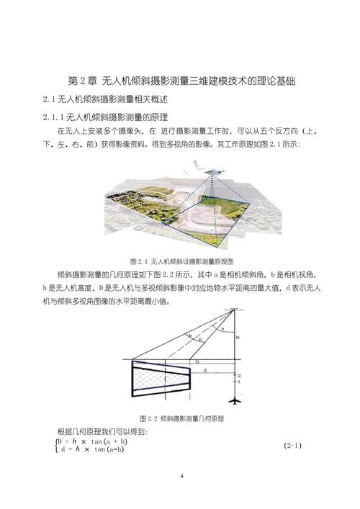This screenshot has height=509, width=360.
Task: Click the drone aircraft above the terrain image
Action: [x=204, y=166]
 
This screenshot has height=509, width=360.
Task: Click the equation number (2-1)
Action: [x=293, y=446]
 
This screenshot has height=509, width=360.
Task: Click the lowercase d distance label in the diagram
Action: [x=206, y=371]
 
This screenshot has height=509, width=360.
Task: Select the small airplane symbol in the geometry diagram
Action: [x=235, y=398]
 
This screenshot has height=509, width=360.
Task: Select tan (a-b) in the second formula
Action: [x=107, y=450]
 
